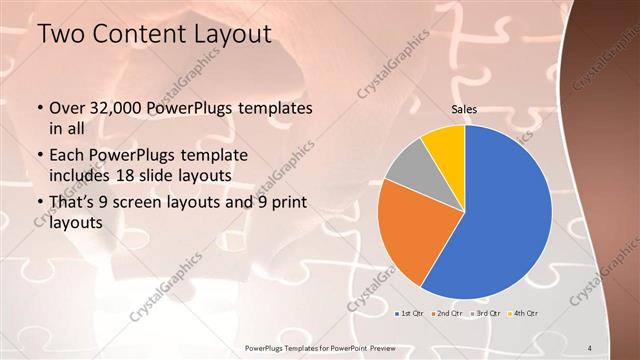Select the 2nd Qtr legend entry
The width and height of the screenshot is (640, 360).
446,314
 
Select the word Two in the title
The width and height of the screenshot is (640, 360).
61,35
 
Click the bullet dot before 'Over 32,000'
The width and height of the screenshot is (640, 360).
39,108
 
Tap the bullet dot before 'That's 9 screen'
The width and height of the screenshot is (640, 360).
39,203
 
